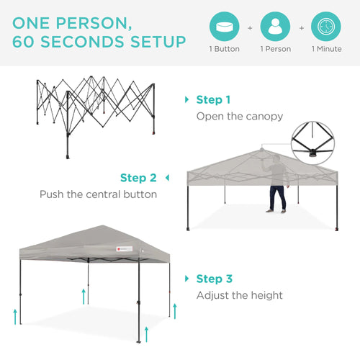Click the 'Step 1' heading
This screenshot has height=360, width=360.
[213, 100]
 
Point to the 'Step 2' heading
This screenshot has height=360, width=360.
[138, 178]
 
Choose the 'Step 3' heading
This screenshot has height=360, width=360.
[213, 279]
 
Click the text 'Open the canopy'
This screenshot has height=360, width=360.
[240, 117]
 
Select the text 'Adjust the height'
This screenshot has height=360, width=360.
[240, 295]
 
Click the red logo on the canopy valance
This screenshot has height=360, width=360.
[110, 251]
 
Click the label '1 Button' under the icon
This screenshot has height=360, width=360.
[224, 50]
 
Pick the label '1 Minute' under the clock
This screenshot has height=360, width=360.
[327, 50]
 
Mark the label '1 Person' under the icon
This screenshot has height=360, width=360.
[276, 50]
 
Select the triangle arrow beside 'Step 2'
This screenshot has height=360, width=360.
[168, 178]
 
